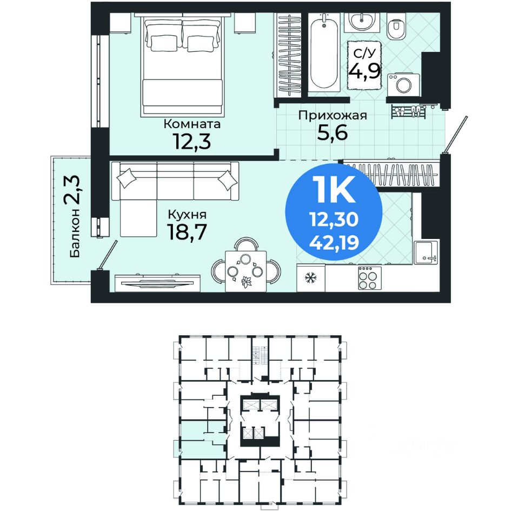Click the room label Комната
[192, 124]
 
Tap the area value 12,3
[191, 141]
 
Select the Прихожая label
[332, 116]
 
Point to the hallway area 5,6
[332, 133]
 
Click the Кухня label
[188, 215]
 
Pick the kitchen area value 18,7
[188, 232]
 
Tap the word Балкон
[75, 232]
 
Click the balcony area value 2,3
[71, 190]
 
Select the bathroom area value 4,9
[364, 70]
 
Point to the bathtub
[324, 53]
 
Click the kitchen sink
[426, 252]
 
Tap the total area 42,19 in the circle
[334, 243]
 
